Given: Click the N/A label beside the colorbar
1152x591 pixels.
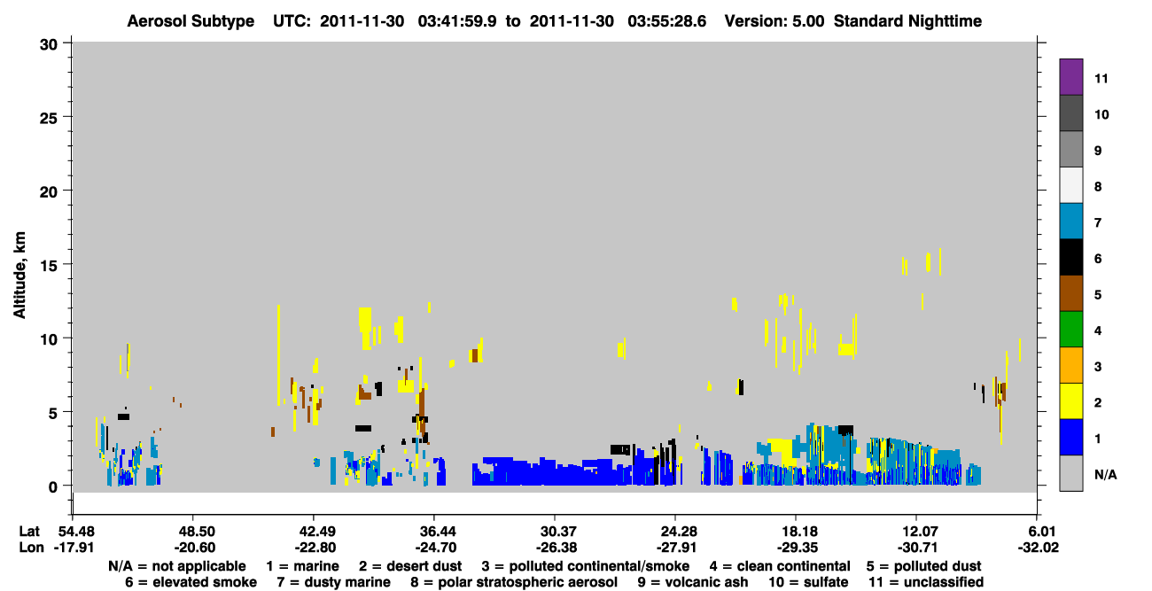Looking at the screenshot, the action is (x=1105, y=474).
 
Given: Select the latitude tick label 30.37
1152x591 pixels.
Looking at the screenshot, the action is (x=556, y=531).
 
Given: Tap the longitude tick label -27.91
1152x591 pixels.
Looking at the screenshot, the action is (x=676, y=548).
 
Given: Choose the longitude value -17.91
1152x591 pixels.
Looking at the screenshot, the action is (x=74, y=548).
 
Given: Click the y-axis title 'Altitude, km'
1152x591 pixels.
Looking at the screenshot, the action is (x=19, y=276).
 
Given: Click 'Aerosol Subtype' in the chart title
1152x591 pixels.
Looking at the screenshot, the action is (x=191, y=21).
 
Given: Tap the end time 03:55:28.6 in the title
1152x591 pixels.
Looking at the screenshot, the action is (x=667, y=21).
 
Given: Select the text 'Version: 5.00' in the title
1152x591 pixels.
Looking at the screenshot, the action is (x=774, y=21).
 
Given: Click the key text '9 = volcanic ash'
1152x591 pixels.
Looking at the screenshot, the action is (x=693, y=582).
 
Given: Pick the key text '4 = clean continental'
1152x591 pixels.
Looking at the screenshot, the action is (x=780, y=566).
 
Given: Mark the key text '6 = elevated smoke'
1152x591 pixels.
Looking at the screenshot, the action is (x=191, y=582).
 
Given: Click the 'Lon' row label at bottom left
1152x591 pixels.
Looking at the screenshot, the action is (x=31, y=548).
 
